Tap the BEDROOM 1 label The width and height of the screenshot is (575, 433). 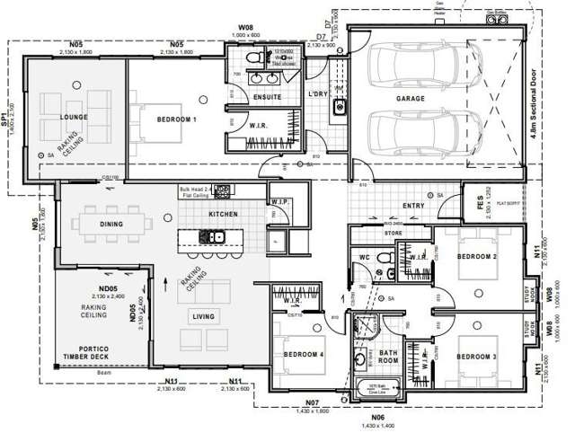coord(177,119)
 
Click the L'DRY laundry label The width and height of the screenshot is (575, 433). coord(318,93)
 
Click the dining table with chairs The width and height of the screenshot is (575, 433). coord(112,221)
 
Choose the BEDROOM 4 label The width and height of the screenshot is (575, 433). coord(303,354)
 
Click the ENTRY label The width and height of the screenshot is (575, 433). coord(413,206)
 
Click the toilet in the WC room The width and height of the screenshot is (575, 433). coord(385,261)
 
